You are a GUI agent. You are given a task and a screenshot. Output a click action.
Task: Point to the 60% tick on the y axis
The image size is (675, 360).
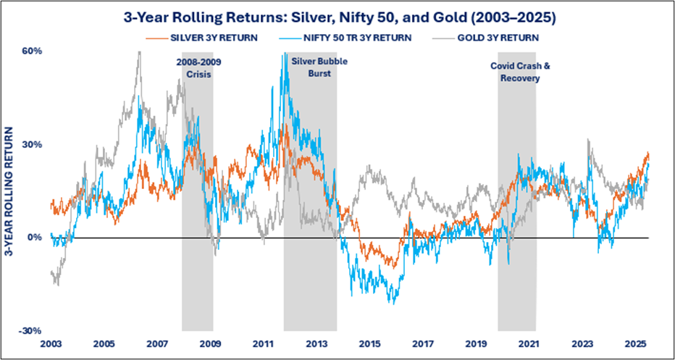click(33, 51)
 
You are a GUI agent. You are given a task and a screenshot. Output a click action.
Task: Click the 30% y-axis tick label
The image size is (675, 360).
click(33, 145)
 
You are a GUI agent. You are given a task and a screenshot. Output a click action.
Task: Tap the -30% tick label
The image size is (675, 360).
click(31, 331)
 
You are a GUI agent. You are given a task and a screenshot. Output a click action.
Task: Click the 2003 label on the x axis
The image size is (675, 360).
click(50, 343)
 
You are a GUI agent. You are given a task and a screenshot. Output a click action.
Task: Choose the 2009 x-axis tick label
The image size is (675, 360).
click(210, 343)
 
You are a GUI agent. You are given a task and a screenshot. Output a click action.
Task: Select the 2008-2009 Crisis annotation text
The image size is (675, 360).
click(198, 67)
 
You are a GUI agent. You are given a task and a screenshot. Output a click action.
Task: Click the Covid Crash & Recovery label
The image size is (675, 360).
click(520, 72)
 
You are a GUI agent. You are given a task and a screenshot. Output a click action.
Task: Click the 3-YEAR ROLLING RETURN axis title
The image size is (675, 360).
click(10, 191)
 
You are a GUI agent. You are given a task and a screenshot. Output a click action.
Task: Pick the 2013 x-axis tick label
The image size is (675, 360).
click(316, 343)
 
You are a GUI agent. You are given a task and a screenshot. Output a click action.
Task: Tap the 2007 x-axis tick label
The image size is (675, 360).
click(156, 343)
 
